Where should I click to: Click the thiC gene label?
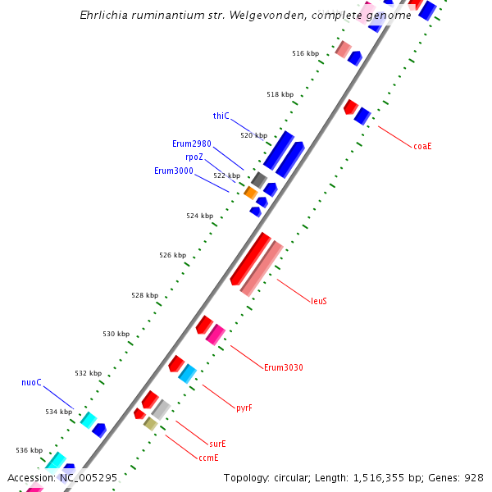point(221,116)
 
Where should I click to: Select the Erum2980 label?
point(192,143)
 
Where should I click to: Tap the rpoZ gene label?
point(194,157)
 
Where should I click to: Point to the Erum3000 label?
point(174,171)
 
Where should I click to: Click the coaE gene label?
point(422,146)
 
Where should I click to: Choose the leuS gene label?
point(319,301)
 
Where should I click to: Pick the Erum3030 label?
point(283,367)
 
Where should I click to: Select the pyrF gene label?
point(244,408)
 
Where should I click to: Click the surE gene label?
point(217,444)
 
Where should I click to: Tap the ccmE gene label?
point(208,458)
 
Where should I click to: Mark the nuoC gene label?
point(31,382)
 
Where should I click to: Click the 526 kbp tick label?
point(172,255)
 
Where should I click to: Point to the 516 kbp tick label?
point(305,53)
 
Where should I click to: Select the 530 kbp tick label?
point(116,334)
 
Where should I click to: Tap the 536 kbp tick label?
point(29,450)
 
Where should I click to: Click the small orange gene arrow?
point(251,193)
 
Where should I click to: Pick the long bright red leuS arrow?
point(250,258)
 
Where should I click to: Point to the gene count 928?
point(474,477)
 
